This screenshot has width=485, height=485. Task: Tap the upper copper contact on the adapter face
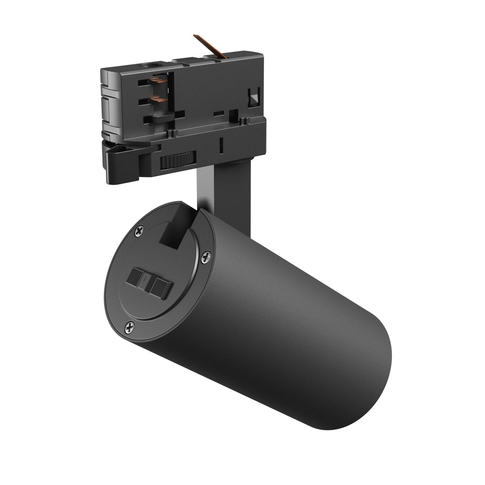(158, 79)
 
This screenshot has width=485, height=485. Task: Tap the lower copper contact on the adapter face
(159, 98)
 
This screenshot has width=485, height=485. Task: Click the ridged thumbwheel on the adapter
(178, 160)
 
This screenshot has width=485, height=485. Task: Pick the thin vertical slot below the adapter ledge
(221, 145)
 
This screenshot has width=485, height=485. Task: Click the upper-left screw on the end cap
(139, 231)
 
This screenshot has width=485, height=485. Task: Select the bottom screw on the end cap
(129, 327)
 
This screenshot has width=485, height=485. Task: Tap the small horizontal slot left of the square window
(219, 113)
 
